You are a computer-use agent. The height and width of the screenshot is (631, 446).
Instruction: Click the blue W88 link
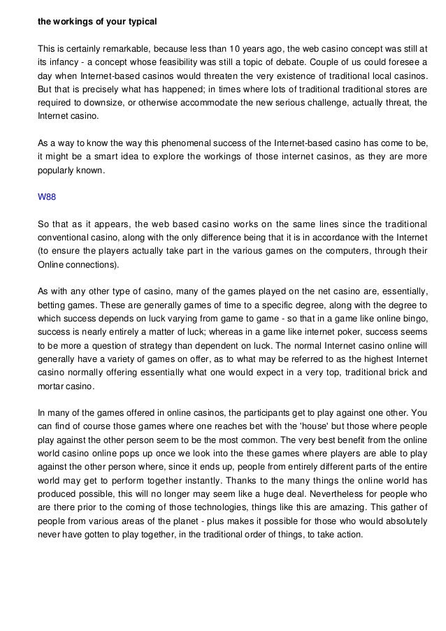pyautogui.click(x=46, y=197)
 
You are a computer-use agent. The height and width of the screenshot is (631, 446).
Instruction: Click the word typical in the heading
pyautogui.click(x=140, y=21)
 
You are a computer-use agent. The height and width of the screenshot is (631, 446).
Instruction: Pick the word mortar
pyautogui.click(x=51, y=387)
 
